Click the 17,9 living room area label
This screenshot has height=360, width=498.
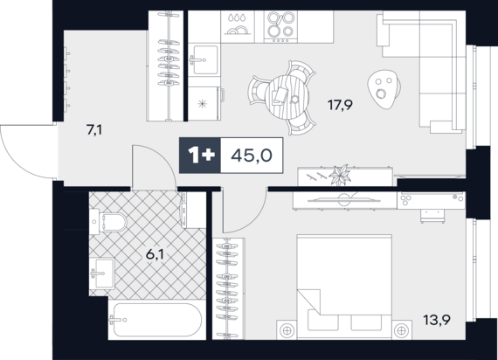click(340, 105)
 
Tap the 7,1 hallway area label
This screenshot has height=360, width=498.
click(94, 129)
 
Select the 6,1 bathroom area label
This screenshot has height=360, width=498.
click(155, 254)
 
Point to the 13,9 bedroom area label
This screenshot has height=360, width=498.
click(437, 320)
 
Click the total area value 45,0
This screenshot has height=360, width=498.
click(252, 156)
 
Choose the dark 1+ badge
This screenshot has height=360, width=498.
click(200, 156)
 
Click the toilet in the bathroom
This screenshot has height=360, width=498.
click(108, 221)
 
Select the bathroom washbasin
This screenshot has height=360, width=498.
click(101, 273)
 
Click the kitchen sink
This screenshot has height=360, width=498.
click(204, 59)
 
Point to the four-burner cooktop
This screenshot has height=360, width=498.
click(280, 27)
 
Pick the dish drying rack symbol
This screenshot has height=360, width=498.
click(238, 24)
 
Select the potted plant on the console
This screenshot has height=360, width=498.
click(340, 175)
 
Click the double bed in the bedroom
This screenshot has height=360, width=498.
click(344, 287)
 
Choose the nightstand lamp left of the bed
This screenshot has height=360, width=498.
click(287, 330)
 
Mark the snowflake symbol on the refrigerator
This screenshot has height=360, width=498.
click(203, 104)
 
